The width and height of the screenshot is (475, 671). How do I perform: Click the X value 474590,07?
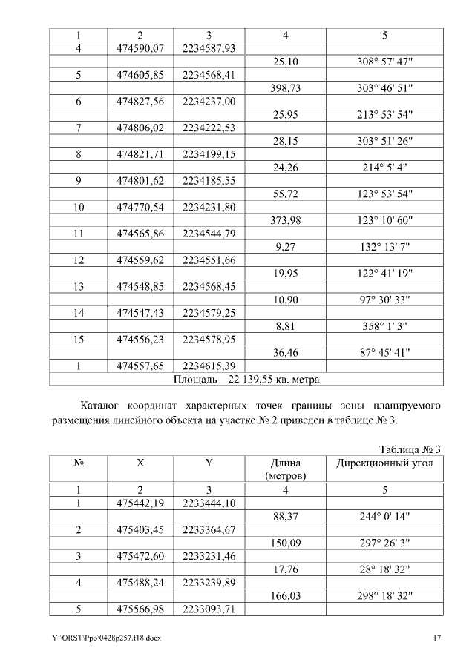[x=140, y=49]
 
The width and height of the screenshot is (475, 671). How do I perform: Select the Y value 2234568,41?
[x=209, y=76]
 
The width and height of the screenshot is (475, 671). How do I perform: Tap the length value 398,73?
[x=286, y=88]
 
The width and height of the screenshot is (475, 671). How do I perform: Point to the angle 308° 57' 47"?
[x=385, y=62]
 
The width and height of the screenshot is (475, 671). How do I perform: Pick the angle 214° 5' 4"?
[x=385, y=168]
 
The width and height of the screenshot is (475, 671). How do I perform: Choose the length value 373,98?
[x=286, y=220]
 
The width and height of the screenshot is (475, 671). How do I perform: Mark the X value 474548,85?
[x=140, y=286]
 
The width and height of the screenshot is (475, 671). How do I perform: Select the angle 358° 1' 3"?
[x=385, y=325]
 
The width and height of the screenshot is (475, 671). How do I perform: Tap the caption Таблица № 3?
[x=410, y=449]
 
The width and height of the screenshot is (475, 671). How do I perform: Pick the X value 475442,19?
[x=140, y=503]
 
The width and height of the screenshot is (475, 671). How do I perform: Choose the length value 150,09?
[x=286, y=543]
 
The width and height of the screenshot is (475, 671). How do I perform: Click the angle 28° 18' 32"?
[x=385, y=569]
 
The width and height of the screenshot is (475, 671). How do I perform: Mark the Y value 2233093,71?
[x=209, y=609]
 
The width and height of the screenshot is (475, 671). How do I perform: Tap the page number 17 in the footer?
[x=438, y=638]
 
